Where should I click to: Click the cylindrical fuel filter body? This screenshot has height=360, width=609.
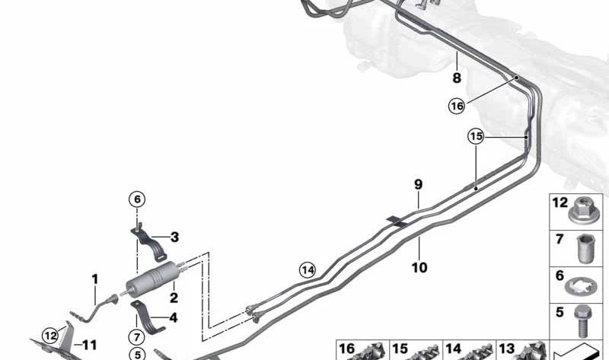(x=153, y=279)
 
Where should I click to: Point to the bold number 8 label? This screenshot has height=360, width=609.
(x=457, y=78)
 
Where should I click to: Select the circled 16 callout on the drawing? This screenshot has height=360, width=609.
(x=456, y=106)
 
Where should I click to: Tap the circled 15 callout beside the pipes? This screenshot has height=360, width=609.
(x=476, y=136)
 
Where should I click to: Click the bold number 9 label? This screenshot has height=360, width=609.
(x=418, y=184)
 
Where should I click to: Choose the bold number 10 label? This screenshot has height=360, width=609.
(x=419, y=268)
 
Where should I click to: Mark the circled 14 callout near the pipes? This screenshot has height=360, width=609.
(x=308, y=270)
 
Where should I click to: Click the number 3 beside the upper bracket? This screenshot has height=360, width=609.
(x=175, y=237)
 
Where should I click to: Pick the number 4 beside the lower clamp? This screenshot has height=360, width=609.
(x=174, y=317)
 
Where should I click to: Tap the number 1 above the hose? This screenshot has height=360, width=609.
(x=94, y=279)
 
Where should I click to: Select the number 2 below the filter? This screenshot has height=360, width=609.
(x=174, y=298)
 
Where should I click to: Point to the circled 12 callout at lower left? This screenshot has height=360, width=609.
(x=50, y=335)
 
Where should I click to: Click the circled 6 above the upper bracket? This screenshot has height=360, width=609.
(x=137, y=199)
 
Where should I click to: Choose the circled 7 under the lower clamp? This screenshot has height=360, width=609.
(x=137, y=336)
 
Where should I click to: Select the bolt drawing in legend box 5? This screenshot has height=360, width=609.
(x=583, y=321)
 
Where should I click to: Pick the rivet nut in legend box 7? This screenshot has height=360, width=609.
(x=584, y=249)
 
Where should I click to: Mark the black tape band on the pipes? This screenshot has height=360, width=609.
(x=397, y=221)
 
